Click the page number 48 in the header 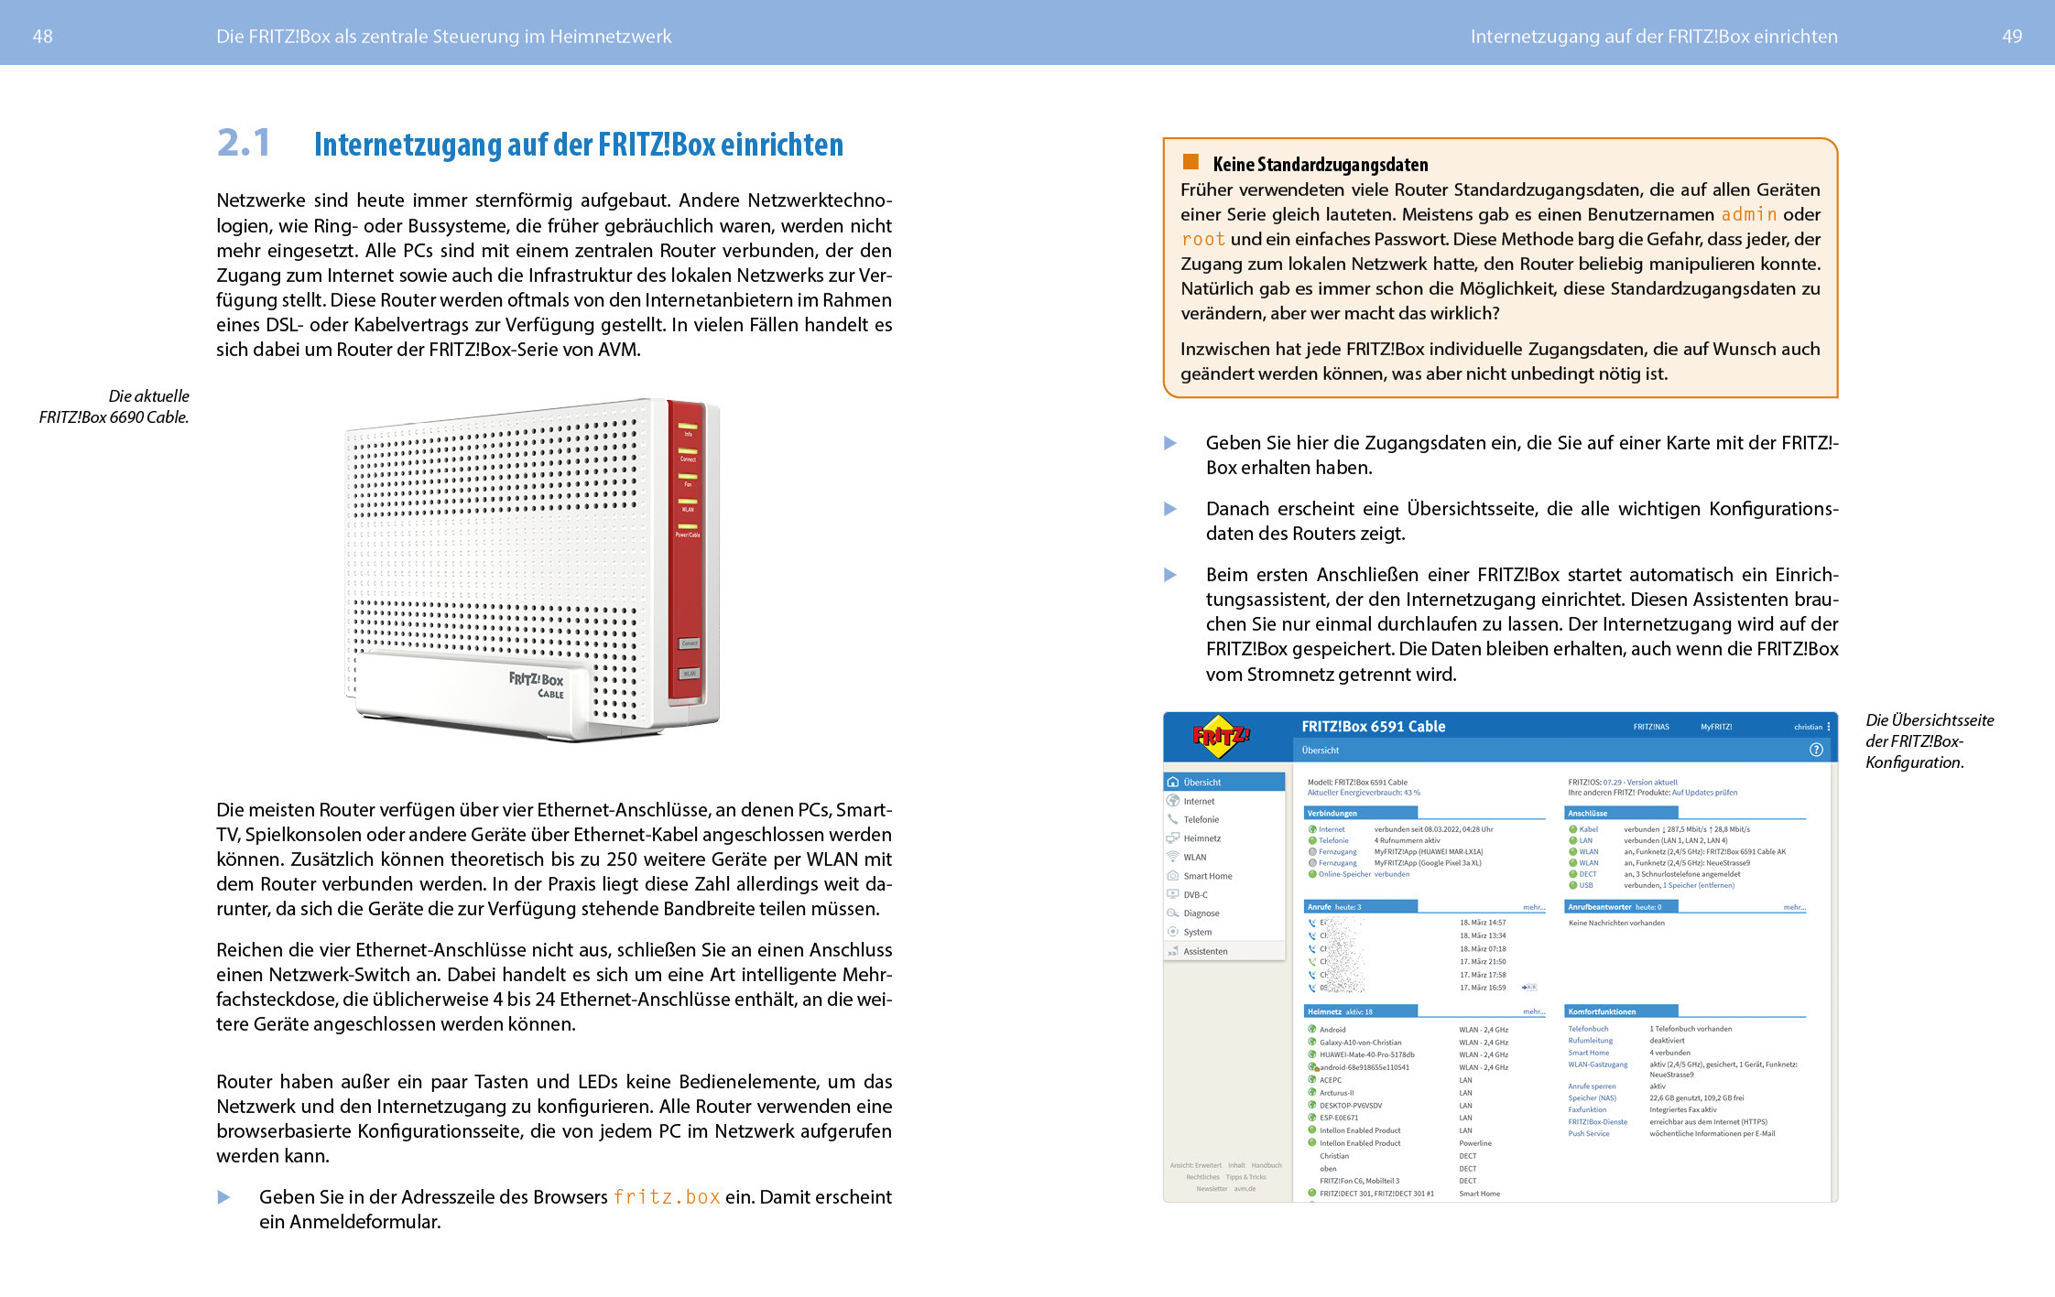[42, 37]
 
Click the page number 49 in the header [2011, 37]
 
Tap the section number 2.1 [244, 143]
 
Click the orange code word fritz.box [666, 1197]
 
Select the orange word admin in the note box [1748, 214]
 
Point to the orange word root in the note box [1202, 239]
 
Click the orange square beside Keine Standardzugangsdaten [1191, 162]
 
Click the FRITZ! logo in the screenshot [1221, 736]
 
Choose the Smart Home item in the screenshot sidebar [1207, 876]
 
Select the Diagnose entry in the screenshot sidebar [1201, 913]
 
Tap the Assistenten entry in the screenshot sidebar [1204, 951]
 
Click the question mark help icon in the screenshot [1816, 750]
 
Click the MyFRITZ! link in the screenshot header [1715, 727]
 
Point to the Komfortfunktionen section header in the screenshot [1602, 1011]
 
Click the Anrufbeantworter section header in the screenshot [1599, 907]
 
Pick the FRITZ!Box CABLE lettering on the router [537, 684]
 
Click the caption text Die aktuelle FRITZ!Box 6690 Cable [114, 406]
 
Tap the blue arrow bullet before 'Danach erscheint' [1170, 509]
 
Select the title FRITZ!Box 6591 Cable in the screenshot [1373, 727]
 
